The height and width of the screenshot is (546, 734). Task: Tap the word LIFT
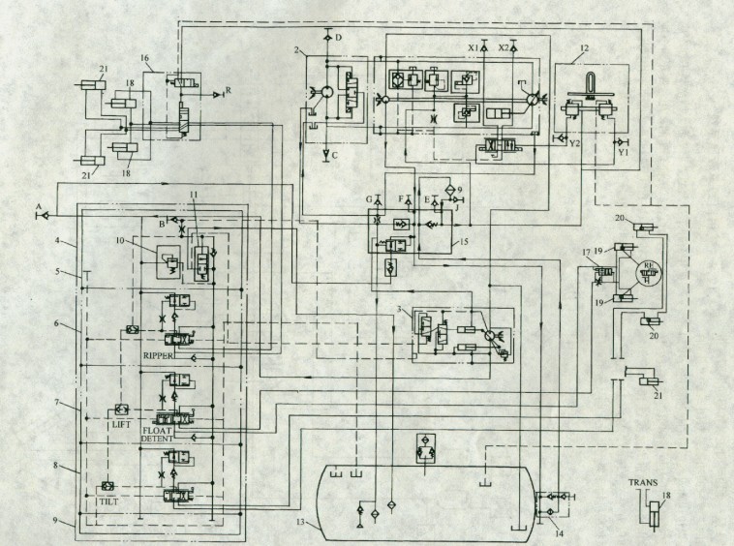[x=120, y=422]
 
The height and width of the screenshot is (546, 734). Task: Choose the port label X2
[x=503, y=46]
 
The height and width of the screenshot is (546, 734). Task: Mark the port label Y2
[x=574, y=143]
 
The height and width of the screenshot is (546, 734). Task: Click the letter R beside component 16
[x=228, y=90]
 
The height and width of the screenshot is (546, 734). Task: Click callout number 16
[x=145, y=59]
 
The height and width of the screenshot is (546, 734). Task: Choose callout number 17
[x=586, y=255]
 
